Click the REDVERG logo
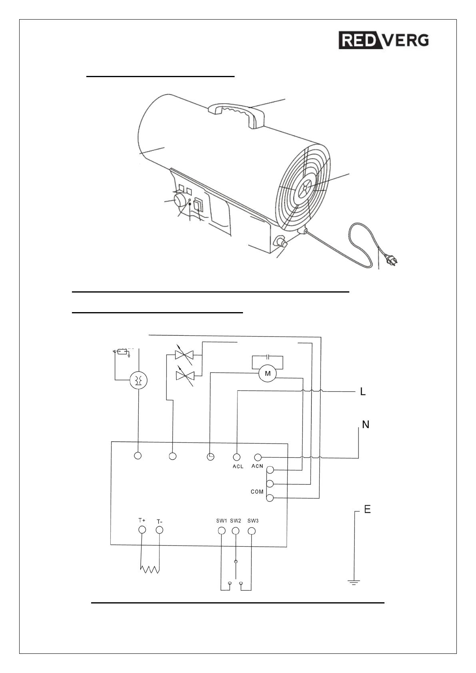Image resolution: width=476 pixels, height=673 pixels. pos(384,40)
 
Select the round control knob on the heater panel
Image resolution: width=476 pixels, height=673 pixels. pos(182,200)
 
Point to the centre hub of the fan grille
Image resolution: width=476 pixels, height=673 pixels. pos(305,186)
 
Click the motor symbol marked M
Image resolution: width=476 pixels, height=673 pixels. pos(268,374)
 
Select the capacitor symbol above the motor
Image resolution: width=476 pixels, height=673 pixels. pos(268,356)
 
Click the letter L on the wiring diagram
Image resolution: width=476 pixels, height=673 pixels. pos(363,392)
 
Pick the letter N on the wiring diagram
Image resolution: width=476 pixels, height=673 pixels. pos(365,424)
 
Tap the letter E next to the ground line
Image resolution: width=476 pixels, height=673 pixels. pos(367,509)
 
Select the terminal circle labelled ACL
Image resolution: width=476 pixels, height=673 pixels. pos(237,456)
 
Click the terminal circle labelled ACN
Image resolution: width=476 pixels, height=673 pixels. pos(258,457)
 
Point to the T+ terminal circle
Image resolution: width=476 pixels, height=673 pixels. pos(142,530)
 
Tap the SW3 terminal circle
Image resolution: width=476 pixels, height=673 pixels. pos(251,531)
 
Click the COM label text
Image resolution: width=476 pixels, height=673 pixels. pos(257,492)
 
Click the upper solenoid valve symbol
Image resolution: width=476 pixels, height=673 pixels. pos(184,354)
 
